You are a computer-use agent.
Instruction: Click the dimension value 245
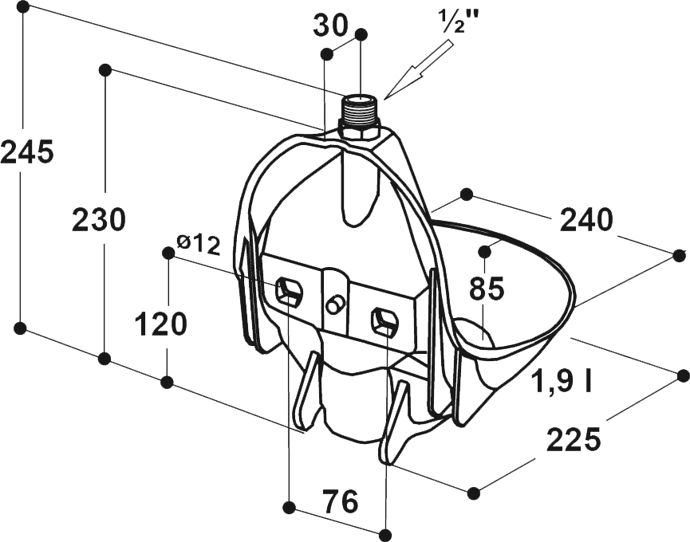27,152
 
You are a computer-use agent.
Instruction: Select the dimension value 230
99,220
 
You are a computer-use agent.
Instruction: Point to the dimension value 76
340,501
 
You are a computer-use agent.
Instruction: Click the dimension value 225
574,438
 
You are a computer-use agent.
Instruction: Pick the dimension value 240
586,220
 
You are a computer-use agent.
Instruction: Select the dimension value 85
487,289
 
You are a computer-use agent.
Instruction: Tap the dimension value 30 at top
330,26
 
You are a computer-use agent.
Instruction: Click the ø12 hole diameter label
198,245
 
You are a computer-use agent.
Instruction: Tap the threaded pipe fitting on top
361,112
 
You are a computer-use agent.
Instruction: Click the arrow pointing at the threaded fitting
419,69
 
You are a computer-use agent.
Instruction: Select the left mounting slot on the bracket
289,291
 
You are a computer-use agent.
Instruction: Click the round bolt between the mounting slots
335,305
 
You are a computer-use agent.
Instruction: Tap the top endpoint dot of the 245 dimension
23,7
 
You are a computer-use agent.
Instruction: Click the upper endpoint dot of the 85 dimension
485,251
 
